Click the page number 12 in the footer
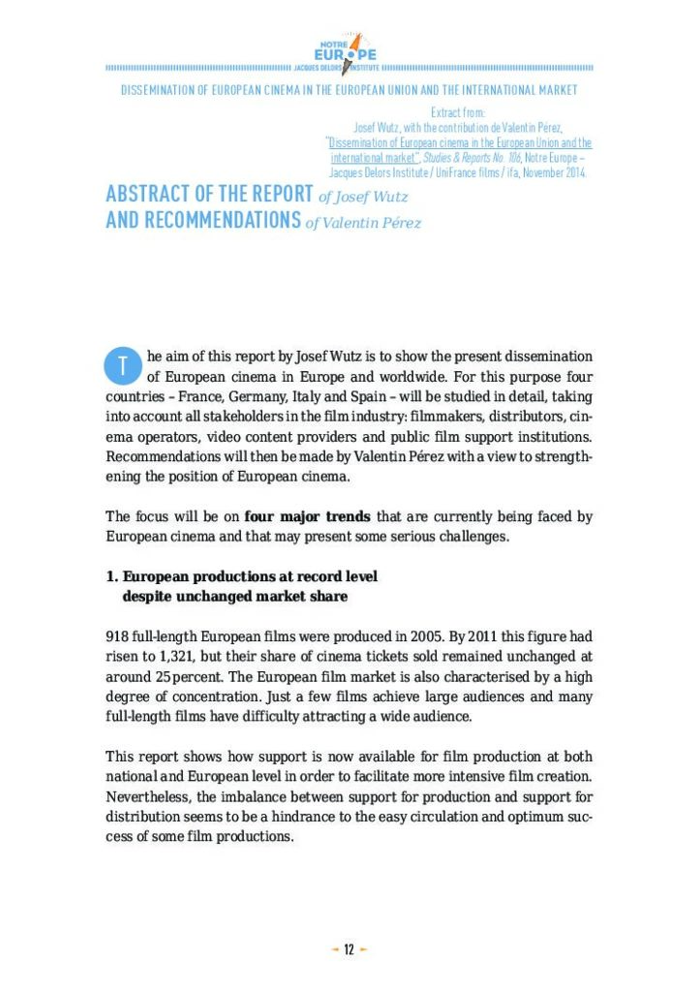coord(349,949)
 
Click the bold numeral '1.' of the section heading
coord(111,576)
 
